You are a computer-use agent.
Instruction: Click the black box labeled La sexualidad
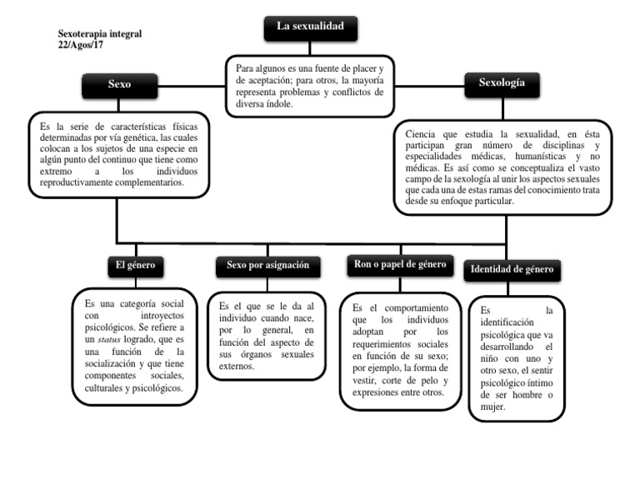coord(310,28)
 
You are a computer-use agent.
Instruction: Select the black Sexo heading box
coord(119,85)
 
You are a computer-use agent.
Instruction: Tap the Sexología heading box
coord(502,83)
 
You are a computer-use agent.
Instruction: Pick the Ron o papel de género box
coord(401,264)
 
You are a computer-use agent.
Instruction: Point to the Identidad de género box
coord(512,269)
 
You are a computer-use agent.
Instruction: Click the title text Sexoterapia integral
coord(99,34)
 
